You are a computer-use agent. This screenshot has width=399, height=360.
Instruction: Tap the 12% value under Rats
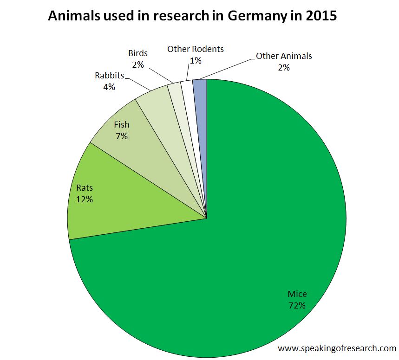click(x=85, y=199)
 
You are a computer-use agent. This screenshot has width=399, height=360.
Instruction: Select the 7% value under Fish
click(x=122, y=136)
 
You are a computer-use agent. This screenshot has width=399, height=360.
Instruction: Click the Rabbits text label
click(x=109, y=75)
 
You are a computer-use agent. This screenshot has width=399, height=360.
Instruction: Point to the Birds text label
click(x=138, y=53)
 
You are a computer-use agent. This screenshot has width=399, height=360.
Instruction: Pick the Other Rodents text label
click(x=196, y=49)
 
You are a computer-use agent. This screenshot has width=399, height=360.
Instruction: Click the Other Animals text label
click(x=284, y=56)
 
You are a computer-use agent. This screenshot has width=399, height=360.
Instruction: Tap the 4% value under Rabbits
click(x=109, y=86)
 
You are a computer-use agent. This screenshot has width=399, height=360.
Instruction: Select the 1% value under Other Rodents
click(x=196, y=60)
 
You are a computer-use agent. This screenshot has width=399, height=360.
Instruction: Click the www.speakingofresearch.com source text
click(x=337, y=348)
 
